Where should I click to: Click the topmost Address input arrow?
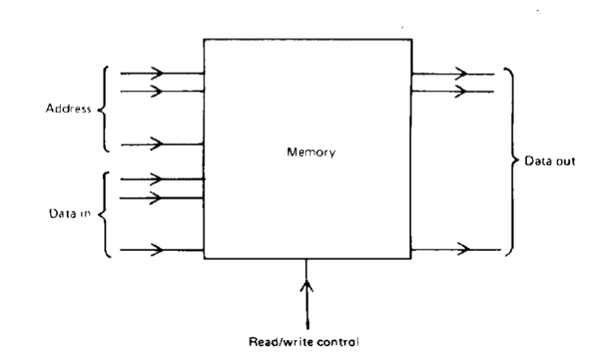(x=159, y=74)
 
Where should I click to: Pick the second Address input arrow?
(x=159, y=92)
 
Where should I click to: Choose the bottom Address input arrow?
(x=159, y=143)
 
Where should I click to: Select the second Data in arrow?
(x=159, y=197)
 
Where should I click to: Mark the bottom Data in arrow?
(x=159, y=249)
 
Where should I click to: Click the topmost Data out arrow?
(x=461, y=74)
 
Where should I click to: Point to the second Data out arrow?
(x=461, y=92)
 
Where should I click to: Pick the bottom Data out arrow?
(x=461, y=249)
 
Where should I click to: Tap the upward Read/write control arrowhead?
(x=307, y=288)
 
